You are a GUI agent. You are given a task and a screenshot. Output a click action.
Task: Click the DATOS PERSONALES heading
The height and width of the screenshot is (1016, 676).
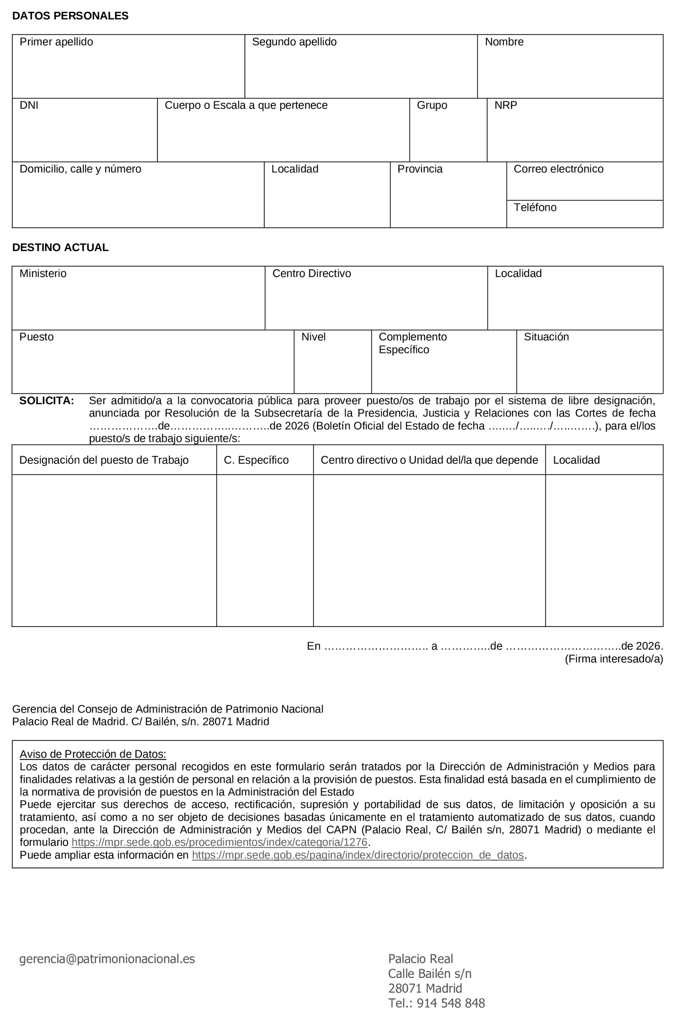tap(70, 16)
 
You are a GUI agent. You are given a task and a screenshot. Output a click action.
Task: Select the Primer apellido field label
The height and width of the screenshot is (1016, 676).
tap(56, 42)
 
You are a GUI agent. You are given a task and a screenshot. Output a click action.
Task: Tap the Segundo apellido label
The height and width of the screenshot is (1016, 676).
tap(294, 42)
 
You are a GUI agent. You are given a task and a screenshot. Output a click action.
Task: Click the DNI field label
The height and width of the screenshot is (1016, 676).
tap(29, 105)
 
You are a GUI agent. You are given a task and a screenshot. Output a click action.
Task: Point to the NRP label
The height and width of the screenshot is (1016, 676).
tap(505, 105)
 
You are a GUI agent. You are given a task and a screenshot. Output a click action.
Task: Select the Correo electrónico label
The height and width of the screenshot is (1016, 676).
tap(558, 169)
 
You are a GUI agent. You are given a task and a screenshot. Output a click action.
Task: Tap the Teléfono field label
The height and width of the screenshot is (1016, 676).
tap(535, 207)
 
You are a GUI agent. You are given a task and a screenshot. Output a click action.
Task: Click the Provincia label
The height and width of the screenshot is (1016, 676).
tap(419, 169)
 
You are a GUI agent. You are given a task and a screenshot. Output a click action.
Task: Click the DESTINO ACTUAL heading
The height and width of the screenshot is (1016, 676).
tap(60, 247)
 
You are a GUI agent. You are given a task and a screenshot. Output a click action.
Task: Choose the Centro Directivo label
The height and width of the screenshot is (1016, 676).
tap(311, 273)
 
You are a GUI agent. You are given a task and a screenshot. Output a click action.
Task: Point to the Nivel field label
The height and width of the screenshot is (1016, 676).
tap(313, 337)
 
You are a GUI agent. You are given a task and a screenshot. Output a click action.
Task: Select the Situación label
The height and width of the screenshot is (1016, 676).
tap(546, 337)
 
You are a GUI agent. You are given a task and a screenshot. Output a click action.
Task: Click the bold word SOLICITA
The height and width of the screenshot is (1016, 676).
tap(46, 400)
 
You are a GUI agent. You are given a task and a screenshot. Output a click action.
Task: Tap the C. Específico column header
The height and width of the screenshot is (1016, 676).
tap(256, 460)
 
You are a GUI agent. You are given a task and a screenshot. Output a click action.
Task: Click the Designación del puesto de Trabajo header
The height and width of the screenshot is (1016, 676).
tap(104, 460)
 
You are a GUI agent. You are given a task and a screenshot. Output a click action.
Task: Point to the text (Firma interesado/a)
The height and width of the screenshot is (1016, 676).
tap(613, 659)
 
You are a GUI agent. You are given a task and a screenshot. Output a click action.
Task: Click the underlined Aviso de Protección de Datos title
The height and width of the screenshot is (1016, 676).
tap(93, 754)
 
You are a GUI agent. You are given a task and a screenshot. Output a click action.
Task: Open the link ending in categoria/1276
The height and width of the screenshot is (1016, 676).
tap(219, 842)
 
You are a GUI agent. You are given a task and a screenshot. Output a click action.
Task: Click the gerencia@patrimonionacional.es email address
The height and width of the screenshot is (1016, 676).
tap(107, 959)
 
